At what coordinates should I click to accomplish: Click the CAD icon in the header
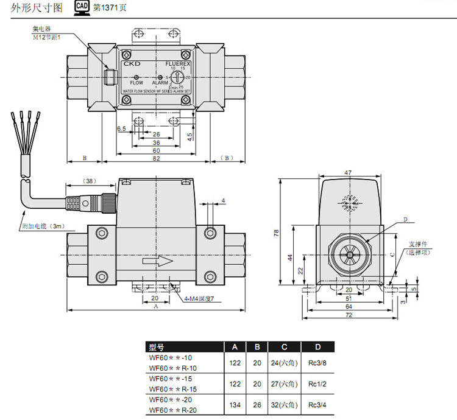(82, 8)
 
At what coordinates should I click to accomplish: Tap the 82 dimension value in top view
(157, 158)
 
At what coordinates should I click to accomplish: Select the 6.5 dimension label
(121, 129)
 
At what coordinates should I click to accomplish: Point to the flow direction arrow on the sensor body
(157, 262)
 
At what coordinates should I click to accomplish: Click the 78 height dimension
(276, 233)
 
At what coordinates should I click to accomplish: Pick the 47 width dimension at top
(348, 173)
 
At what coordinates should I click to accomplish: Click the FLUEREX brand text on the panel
(178, 63)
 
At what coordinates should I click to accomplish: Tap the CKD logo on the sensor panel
(132, 63)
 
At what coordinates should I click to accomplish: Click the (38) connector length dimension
(90, 181)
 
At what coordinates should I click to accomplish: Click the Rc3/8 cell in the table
(317, 363)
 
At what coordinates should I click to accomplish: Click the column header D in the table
(317, 347)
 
